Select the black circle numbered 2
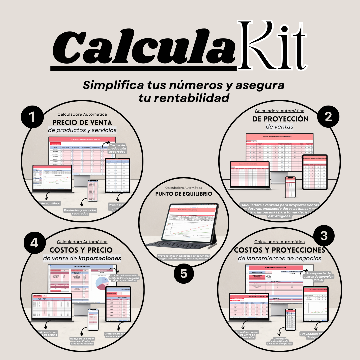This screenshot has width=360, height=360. point(328,116)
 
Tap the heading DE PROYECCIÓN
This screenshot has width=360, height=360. point(279,119)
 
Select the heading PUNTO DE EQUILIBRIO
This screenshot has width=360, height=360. point(184,194)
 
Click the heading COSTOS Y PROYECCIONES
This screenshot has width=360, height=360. point(279,250)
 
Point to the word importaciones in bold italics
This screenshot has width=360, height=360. point(100,258)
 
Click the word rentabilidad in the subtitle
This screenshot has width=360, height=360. point(184,98)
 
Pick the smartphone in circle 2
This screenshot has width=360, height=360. point(290,187)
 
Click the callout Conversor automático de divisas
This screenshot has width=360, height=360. point(279,341)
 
